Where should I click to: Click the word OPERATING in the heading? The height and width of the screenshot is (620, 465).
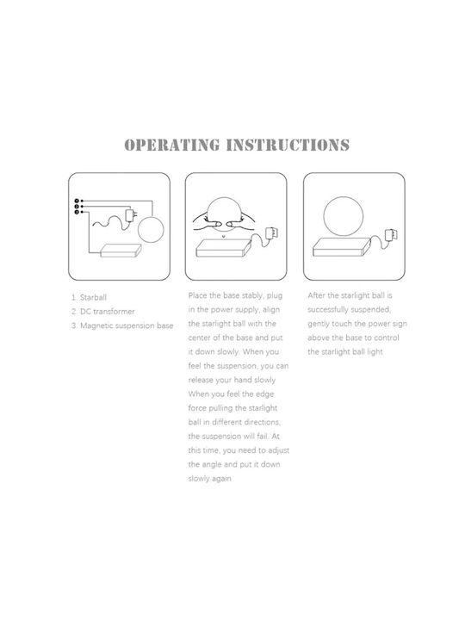click(x=172, y=146)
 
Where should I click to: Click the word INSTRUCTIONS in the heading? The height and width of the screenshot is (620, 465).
click(x=288, y=146)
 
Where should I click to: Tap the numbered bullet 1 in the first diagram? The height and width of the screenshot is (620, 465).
click(x=77, y=201)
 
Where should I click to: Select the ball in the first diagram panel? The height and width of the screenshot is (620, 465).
click(x=151, y=231)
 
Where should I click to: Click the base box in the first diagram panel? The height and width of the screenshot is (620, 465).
click(x=121, y=251)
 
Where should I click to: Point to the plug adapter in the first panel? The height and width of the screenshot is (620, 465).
click(x=131, y=214)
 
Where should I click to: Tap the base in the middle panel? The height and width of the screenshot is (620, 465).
click(x=223, y=248)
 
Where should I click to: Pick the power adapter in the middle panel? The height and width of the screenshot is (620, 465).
click(x=272, y=232)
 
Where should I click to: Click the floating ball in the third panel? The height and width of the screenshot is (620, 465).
click(x=344, y=217)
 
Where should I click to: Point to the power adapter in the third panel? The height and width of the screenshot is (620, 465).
click(x=391, y=235)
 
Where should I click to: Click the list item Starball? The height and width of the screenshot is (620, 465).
click(x=93, y=297)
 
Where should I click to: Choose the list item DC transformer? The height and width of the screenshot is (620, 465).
click(x=108, y=312)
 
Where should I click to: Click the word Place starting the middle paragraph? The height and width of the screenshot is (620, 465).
click(x=198, y=295)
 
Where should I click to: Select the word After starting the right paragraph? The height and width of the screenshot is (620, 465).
click(x=316, y=295)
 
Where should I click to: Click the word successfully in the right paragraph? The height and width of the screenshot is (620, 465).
click(x=329, y=310)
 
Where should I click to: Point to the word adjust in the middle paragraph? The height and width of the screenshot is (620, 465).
click(x=278, y=450)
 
